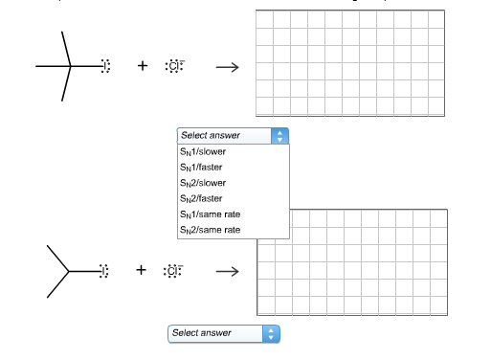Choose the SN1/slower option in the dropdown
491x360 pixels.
click(x=203, y=151)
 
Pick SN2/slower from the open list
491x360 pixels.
click(x=203, y=182)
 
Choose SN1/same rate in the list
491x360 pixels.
click(x=210, y=214)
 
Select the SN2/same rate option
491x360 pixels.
click(x=210, y=230)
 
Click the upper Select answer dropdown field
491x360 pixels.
click(x=225, y=135)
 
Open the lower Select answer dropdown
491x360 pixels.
click(x=217, y=333)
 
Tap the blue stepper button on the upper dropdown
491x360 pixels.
click(x=279, y=135)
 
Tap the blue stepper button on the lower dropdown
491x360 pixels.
click(x=272, y=333)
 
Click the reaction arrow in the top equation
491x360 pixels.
click(x=226, y=67)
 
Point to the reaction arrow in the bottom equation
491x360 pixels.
click(x=226, y=271)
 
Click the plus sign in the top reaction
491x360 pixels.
click(x=143, y=66)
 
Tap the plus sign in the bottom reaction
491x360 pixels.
click(x=142, y=271)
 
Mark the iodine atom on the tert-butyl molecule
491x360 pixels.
click(x=105, y=66)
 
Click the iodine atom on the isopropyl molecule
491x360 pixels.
click(x=105, y=271)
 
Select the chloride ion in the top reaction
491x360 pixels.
click(x=174, y=66)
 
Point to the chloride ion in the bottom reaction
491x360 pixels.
click(x=174, y=271)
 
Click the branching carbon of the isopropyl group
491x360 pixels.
click(x=69, y=271)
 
